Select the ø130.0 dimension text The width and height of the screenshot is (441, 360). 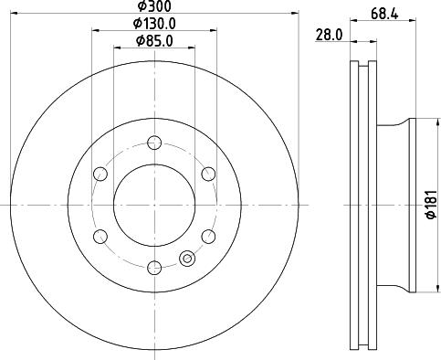(x=155, y=23)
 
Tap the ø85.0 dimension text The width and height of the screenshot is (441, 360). (x=155, y=41)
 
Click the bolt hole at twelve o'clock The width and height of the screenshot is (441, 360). (x=154, y=142)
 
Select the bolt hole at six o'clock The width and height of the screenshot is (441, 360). (x=154, y=268)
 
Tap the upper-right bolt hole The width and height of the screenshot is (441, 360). (x=208, y=173)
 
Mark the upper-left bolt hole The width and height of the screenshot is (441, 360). (x=100, y=173)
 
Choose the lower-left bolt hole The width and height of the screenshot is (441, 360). (x=100, y=236)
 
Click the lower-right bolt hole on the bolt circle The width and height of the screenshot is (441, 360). (x=208, y=236)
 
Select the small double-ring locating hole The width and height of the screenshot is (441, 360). (x=189, y=259)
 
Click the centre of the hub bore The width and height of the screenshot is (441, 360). (x=154, y=205)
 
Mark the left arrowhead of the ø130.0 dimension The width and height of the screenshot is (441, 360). (x=95, y=30)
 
